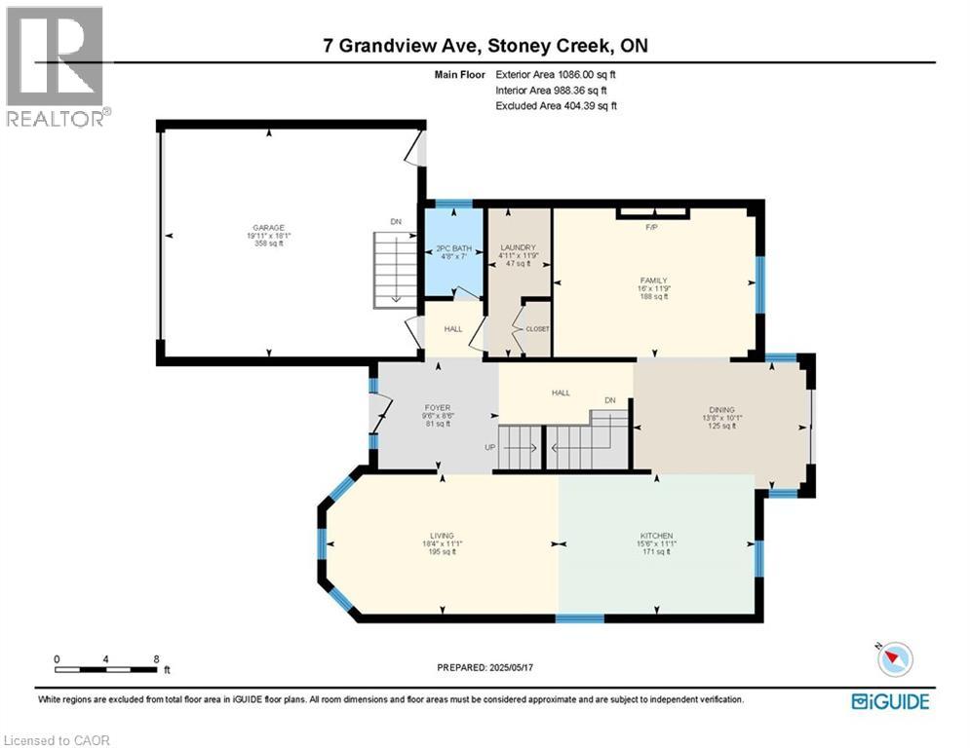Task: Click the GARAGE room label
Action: click(x=269, y=227)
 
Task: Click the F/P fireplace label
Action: click(x=653, y=228)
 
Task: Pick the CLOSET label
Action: click(x=537, y=329)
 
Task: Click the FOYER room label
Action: click(x=437, y=409)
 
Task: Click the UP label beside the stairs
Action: click(x=490, y=447)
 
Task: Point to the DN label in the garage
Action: click(x=396, y=222)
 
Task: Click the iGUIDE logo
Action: click(x=889, y=701)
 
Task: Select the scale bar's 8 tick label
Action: click(x=157, y=658)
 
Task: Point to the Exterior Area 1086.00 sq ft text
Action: click(x=556, y=73)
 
